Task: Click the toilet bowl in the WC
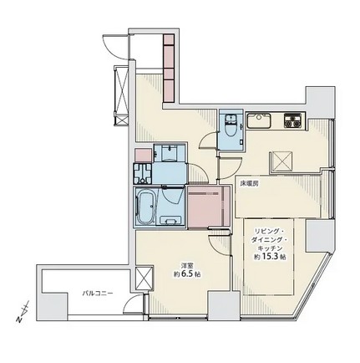[x=231, y=129]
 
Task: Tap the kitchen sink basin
[x=260, y=120]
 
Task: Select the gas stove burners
[x=292, y=120]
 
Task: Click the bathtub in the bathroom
[x=145, y=206]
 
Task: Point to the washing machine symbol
[x=143, y=173]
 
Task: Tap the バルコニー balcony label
[x=98, y=293]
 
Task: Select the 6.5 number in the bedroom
[x=188, y=274]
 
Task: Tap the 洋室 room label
[x=185, y=265]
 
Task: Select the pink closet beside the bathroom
[x=209, y=207]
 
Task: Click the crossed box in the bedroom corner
[x=144, y=279]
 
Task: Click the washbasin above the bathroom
[x=169, y=153]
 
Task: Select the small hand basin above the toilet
[x=230, y=118]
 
